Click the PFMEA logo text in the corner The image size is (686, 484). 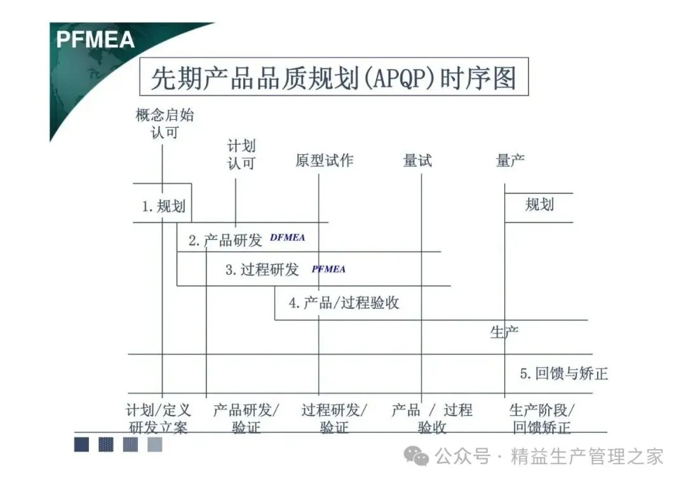coord(95,39)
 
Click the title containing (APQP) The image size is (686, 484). coord(333,79)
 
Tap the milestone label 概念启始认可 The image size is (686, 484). coord(165,124)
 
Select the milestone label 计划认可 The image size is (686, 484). coord(241,155)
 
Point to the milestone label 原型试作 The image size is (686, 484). coord(324,160)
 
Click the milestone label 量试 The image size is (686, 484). coord(417,160)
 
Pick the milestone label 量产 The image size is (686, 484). coord(510,160)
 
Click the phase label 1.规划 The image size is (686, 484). coord(163,206)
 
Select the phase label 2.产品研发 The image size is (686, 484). coord(225,240)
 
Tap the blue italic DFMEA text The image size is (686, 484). coord(287,238)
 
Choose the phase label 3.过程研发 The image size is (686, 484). coord(262,270)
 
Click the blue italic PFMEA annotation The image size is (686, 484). coord(328,269)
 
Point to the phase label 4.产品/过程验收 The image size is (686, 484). coord(344,303)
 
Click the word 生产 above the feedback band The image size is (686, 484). coord(504,332)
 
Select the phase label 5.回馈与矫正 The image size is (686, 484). coord(563,374)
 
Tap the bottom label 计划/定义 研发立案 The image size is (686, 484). coord(158,419)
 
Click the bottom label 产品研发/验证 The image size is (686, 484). coord(246,419)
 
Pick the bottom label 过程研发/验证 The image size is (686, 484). coord(334,419)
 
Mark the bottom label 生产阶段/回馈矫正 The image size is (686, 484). coord(542,419)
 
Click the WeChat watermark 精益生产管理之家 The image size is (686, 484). coord(587,456)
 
